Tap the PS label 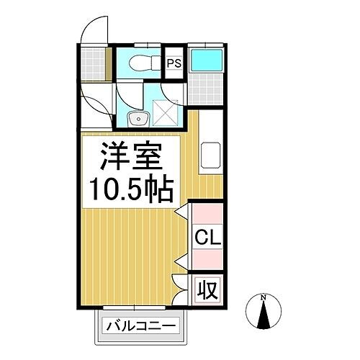(x=174, y=63)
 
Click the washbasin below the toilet (x=135, y=117)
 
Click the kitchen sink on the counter (x=210, y=154)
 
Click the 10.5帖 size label (x=130, y=190)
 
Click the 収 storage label (x=208, y=291)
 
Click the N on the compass (x=264, y=297)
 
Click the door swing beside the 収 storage (x=181, y=284)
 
